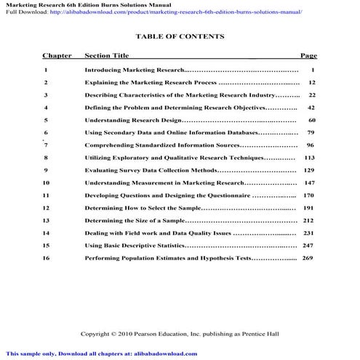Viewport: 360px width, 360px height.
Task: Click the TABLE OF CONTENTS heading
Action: [180, 36]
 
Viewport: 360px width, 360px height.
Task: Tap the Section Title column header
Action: [107, 55]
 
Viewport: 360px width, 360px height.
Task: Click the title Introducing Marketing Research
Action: [134, 71]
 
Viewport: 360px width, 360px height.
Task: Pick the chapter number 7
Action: [46, 145]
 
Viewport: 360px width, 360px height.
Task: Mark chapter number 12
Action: [47, 208]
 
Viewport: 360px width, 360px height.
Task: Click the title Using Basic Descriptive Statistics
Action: [134, 246]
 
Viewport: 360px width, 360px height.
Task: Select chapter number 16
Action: [47, 258]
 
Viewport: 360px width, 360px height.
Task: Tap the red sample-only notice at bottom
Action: [99, 353]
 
